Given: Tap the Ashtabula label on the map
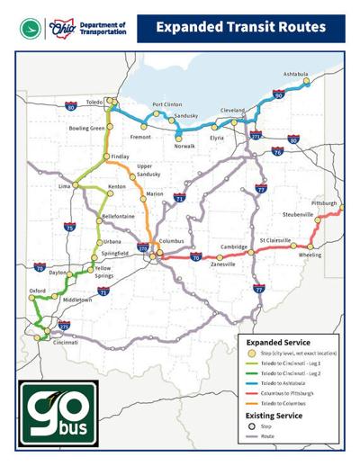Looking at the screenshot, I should [295, 74].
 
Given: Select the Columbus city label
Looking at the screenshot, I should [171, 241].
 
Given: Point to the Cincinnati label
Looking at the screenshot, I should [65, 343].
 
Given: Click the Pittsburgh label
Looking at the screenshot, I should [323, 204].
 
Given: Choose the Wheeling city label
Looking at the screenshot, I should [310, 255].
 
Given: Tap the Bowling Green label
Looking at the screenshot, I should [87, 129].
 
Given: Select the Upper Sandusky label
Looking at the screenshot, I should [148, 170].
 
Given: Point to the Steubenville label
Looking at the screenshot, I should [298, 216].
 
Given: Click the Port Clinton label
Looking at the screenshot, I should [166, 104].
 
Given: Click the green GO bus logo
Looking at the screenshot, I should [57, 412].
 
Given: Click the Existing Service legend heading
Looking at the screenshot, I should [278, 416].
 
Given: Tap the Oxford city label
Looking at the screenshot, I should [37, 291].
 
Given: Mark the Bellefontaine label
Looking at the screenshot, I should [118, 217].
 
